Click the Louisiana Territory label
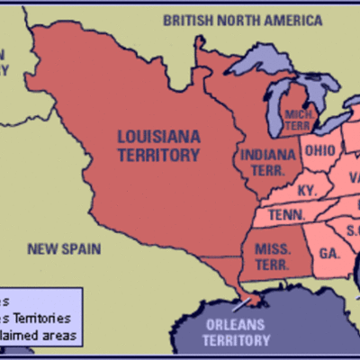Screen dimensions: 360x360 click(157, 146)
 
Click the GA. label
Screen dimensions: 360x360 click(328, 254)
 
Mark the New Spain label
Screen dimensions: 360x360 click(64, 247)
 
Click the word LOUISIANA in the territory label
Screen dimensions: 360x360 click(157, 138)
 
